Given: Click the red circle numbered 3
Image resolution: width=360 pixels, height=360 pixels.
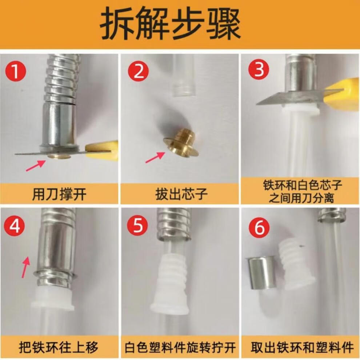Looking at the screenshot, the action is point(259,69).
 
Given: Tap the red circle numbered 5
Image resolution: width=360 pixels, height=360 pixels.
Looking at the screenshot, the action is point(137,225).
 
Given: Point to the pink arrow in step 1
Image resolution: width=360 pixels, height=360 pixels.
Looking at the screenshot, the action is point(36,166).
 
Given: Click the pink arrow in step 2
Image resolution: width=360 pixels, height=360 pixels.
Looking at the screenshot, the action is point(155,157).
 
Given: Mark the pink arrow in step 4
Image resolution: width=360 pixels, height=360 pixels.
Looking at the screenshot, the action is point(26,267).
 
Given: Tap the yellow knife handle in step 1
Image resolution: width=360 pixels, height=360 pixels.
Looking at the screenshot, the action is point(102,151).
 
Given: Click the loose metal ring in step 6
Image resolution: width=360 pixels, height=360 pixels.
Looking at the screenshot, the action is point(262,273).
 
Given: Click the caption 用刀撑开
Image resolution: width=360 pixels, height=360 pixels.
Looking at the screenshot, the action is point(59,194).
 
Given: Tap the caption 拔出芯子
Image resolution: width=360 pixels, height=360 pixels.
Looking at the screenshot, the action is point(181,194).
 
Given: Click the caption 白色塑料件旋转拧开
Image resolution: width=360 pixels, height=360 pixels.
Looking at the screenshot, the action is point(180,347).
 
